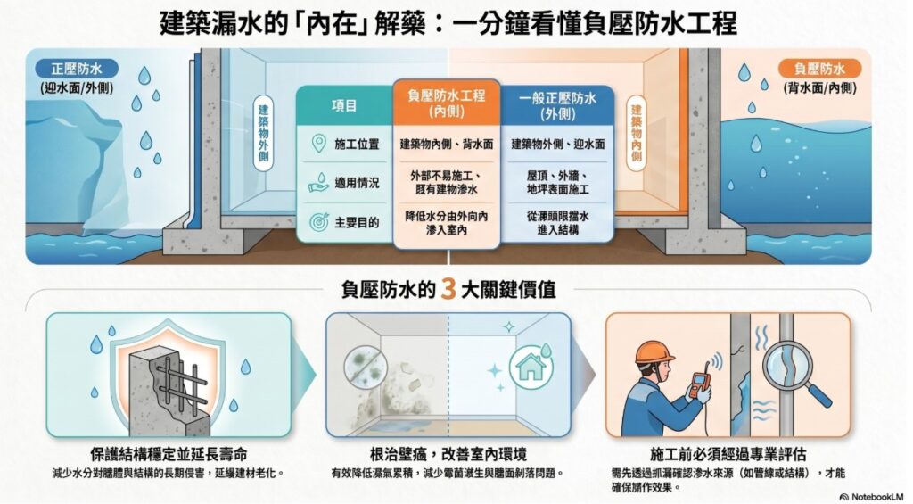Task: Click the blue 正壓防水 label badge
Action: pyautogui.click(x=77, y=69)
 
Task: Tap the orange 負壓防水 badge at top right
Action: pyautogui.click(x=819, y=70)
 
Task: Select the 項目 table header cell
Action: pyautogui.click(x=344, y=105)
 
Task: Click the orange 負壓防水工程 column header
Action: pyautogui.click(x=447, y=103)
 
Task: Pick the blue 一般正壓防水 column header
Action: pyautogui.click(x=557, y=105)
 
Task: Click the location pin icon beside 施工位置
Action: pyautogui.click(x=318, y=144)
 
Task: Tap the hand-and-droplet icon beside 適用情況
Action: pyautogui.click(x=319, y=182)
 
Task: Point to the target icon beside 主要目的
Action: pyautogui.click(x=319, y=222)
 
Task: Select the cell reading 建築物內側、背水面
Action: pyautogui.click(x=447, y=144)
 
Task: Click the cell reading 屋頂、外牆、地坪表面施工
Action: pyautogui.click(x=558, y=182)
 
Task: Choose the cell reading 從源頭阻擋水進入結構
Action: pyautogui.click(x=558, y=223)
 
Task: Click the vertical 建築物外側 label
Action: pyautogui.click(x=263, y=134)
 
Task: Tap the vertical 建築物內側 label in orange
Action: pyautogui.click(x=636, y=134)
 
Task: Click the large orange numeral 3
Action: pyautogui.click(x=448, y=289)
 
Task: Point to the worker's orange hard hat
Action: pyautogui.click(x=654, y=352)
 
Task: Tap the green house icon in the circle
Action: pyautogui.click(x=531, y=368)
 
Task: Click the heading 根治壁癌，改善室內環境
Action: pyautogui.click(x=448, y=454)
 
